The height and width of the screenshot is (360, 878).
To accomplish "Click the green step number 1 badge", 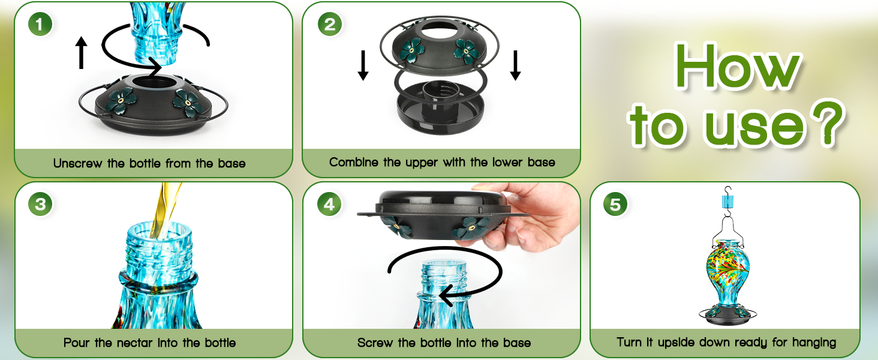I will point(40,25).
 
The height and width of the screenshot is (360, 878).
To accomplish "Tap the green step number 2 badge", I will point(329,25).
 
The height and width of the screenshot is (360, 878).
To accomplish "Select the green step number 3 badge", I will point(40,205).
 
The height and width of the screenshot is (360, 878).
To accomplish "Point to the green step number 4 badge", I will point(329,205).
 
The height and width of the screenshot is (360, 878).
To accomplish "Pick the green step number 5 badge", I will point(615,205).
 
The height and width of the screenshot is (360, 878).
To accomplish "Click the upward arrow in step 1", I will point(82,53).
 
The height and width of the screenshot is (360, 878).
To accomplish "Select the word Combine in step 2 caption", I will point(354,162).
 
